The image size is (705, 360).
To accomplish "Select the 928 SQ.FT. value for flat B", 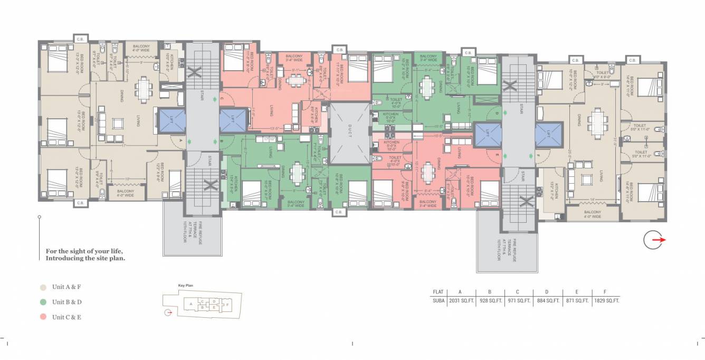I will (490, 300).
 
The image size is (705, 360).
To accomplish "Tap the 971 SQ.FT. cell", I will (519, 300).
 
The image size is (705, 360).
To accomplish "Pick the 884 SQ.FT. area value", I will (548, 300).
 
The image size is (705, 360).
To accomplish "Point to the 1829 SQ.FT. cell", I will (606, 300).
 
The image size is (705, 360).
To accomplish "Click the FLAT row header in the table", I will (438, 292).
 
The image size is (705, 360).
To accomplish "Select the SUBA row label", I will (438, 300).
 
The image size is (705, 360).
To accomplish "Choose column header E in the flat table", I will (577, 292).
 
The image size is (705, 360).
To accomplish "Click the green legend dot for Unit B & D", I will (43, 302).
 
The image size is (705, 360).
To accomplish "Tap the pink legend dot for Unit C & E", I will (43, 317).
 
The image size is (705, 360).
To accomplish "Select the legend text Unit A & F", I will (66, 287).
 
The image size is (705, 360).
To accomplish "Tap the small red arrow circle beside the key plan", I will (168, 312).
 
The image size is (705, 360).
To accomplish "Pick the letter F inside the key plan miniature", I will (226, 305).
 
